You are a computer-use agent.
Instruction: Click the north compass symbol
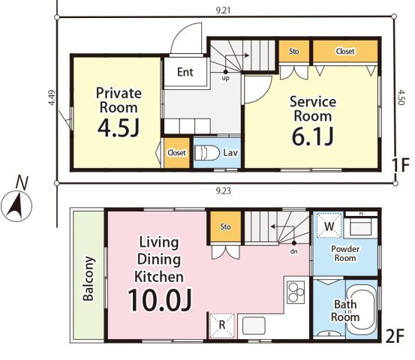tap(17, 201)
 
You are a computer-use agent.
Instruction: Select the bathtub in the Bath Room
tap(361, 308)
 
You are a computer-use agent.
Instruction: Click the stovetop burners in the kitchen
tap(296, 292)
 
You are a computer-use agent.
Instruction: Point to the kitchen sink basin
tap(254, 326)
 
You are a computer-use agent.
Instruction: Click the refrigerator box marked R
tap(222, 326)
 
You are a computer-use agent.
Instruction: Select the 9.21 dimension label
tap(223, 10)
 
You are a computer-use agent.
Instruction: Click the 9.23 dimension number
tap(224, 190)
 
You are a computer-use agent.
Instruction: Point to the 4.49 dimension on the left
tap(52, 97)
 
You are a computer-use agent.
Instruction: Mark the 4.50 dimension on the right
tap(401, 97)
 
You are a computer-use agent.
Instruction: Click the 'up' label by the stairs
tap(225, 78)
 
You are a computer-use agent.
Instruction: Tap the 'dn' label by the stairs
tap(293, 251)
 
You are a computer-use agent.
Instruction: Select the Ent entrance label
tap(185, 72)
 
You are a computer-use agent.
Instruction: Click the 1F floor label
tap(401, 164)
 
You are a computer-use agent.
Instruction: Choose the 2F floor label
tap(395, 336)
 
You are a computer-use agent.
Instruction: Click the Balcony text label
tap(89, 278)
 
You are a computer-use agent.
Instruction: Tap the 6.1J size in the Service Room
tap(313, 136)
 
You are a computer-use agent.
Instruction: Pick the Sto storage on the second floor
tap(225, 226)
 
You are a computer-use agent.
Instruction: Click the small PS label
tap(361, 214)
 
